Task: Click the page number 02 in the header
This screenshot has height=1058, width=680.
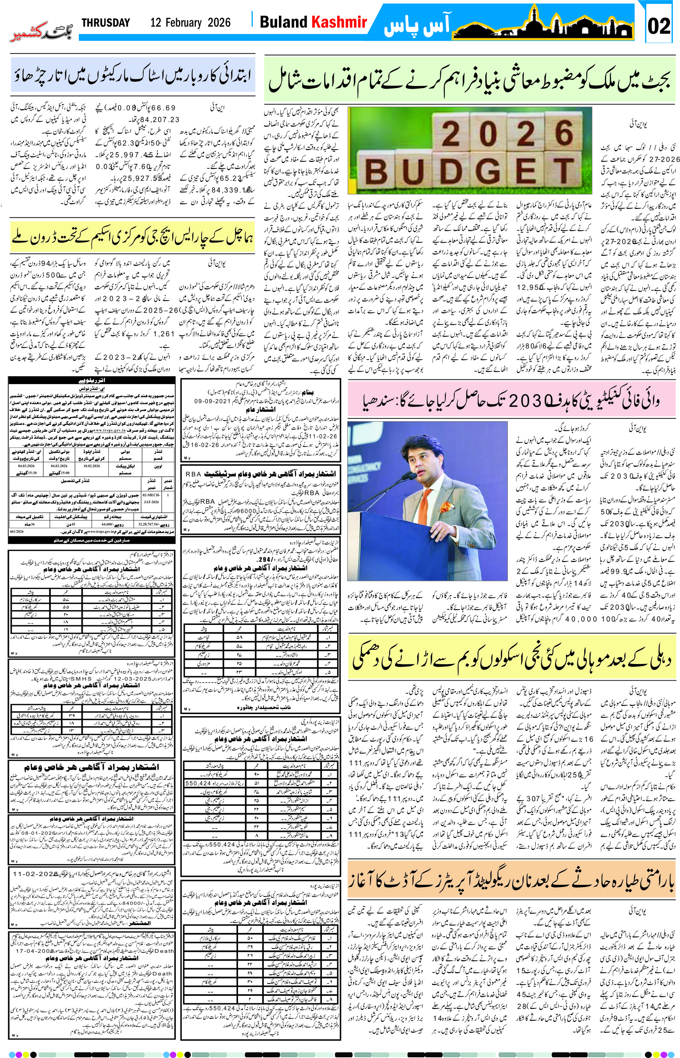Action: click(x=659, y=25)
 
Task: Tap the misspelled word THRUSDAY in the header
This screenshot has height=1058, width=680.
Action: click(x=106, y=23)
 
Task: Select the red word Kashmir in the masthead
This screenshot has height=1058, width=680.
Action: click(x=340, y=22)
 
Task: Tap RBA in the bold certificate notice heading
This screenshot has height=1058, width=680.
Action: click(x=193, y=473)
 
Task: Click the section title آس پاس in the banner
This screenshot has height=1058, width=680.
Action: click(x=417, y=25)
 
